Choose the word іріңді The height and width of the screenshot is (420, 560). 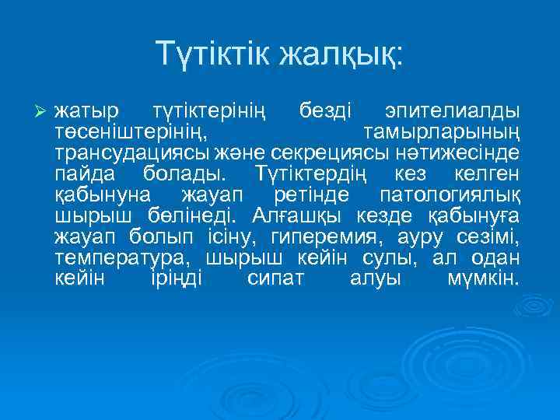tap(176, 277)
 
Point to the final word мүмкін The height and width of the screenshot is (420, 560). tap(483, 277)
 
